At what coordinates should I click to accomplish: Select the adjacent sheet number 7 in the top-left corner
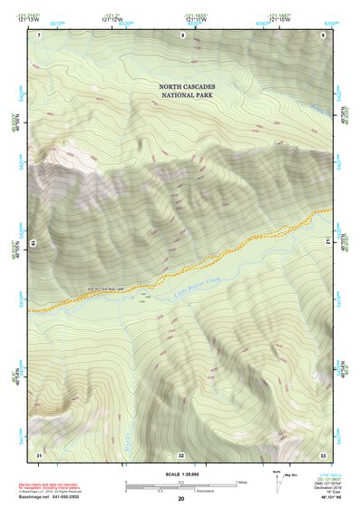[40, 34]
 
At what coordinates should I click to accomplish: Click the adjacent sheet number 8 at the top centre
[182, 34]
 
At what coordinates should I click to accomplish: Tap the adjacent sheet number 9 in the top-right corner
[323, 34]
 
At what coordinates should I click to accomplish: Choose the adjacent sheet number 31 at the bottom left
[39, 454]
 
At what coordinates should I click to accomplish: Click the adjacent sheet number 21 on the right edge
[328, 242]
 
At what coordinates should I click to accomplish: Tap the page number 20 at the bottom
[181, 500]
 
